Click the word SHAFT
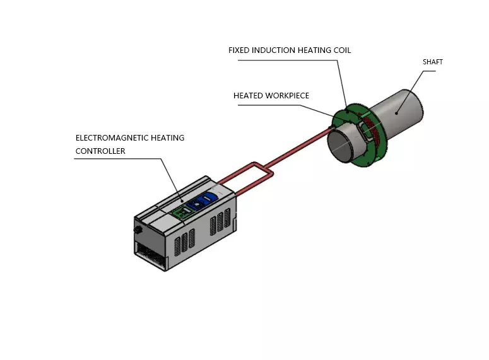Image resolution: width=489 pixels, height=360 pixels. pos(433,62)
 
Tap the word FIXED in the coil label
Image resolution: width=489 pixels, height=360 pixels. pos(240,50)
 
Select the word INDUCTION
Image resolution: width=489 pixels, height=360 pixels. pos(277,50)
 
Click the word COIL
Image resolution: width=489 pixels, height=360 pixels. pos(340,50)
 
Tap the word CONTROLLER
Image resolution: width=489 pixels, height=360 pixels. pos(100,151)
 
